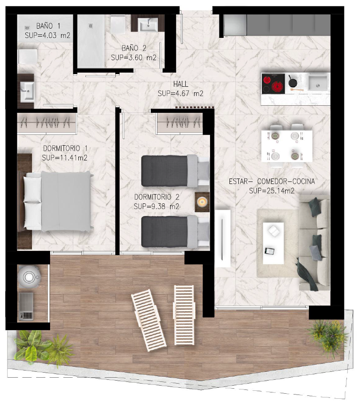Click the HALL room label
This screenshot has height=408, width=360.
(181, 84)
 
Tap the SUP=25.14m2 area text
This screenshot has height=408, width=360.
(272, 191)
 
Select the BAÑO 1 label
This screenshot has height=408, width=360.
(48, 26)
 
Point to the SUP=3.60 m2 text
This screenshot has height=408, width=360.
(134, 58)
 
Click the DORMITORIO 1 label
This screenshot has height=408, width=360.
(65, 148)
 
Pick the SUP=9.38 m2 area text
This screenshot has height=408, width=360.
(157, 206)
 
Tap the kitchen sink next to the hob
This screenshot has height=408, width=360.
(318, 83)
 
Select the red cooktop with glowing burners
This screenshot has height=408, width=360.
(273, 83)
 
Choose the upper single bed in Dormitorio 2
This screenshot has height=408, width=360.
(175, 171)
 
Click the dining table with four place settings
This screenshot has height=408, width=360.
(287, 146)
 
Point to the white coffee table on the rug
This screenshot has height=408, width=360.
(273, 243)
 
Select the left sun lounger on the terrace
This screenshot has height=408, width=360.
(149, 320)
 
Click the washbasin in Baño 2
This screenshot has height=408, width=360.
(149, 25)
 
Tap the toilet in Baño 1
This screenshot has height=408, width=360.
(27, 56)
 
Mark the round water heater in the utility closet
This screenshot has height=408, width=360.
(29, 277)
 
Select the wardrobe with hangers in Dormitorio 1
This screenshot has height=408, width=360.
(47, 123)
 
